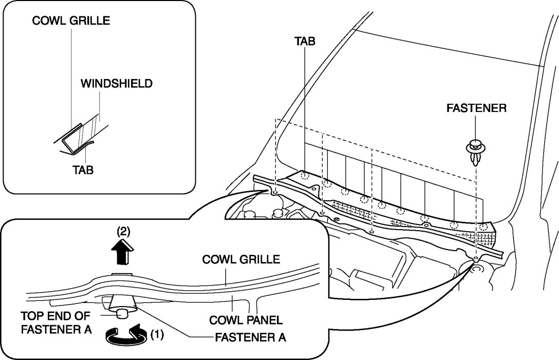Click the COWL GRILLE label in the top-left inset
click(71, 21)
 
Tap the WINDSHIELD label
click(117, 83)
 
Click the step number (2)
click(122, 232)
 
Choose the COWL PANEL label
click(246, 320)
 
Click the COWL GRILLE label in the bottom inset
click(241, 259)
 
